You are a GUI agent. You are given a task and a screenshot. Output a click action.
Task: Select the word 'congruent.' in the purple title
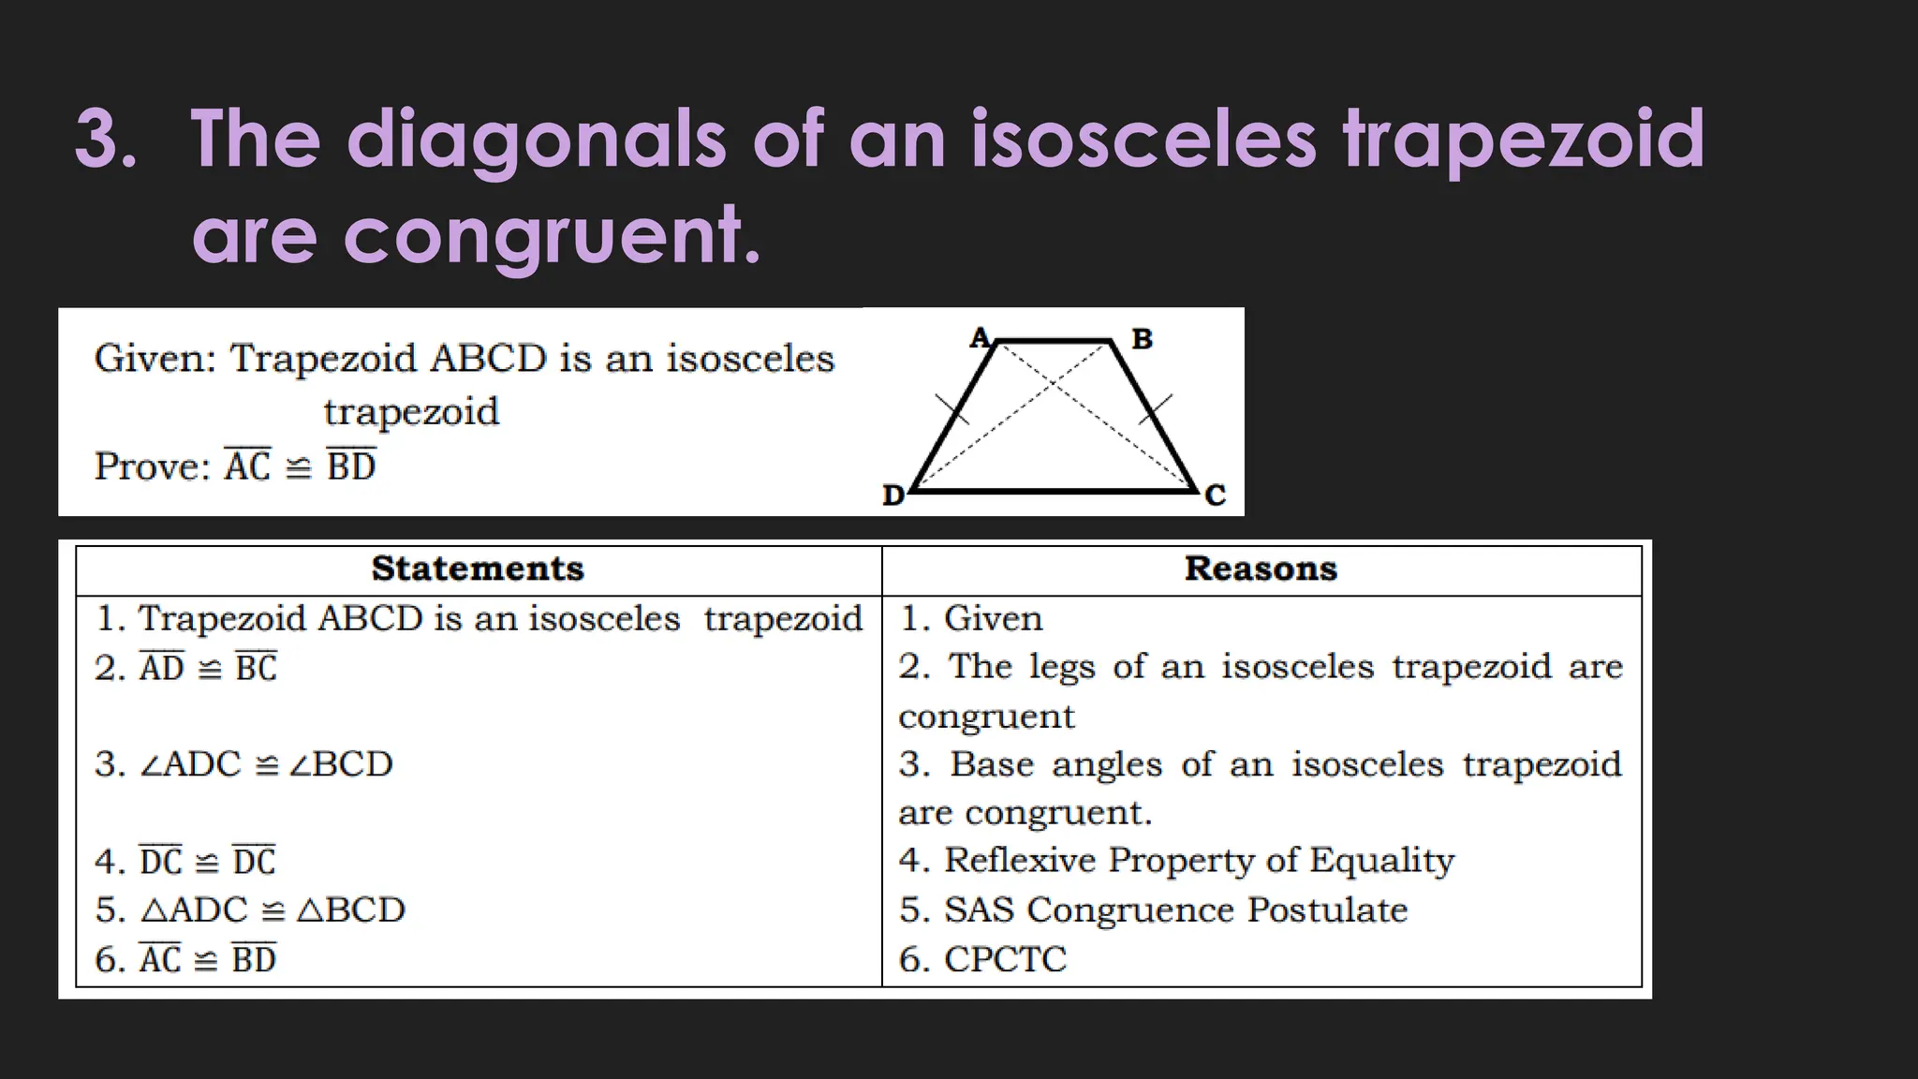pyautogui.click(x=553, y=236)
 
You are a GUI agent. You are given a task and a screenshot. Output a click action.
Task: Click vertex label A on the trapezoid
pyautogui.click(x=980, y=337)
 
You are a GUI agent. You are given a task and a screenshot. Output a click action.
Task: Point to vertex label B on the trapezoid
pyautogui.click(x=1142, y=339)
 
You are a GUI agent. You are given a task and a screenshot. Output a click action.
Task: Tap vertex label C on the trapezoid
pyautogui.click(x=1215, y=495)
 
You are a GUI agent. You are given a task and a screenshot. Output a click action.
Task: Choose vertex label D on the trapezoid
pyautogui.click(x=893, y=495)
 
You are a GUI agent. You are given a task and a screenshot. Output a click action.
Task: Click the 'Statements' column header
pyautogui.click(x=478, y=569)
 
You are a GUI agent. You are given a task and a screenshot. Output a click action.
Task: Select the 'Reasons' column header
pyautogui.click(x=1261, y=569)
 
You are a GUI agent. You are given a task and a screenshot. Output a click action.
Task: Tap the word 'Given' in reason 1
pyautogui.click(x=993, y=619)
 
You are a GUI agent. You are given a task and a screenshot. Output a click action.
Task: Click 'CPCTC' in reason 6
pyautogui.click(x=1005, y=959)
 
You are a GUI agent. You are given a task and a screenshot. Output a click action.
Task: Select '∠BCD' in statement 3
pyautogui.click(x=341, y=764)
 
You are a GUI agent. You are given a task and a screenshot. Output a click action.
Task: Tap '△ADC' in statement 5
pyautogui.click(x=194, y=910)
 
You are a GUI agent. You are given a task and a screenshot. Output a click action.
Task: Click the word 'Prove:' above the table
pyautogui.click(x=153, y=466)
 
